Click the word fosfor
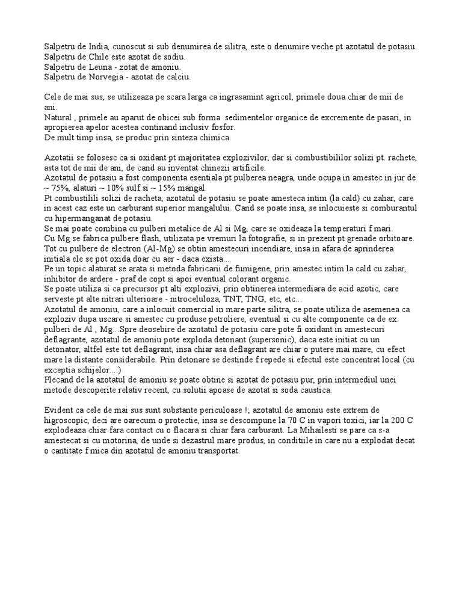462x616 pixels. coord(222,128)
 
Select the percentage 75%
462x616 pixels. coord(59,188)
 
